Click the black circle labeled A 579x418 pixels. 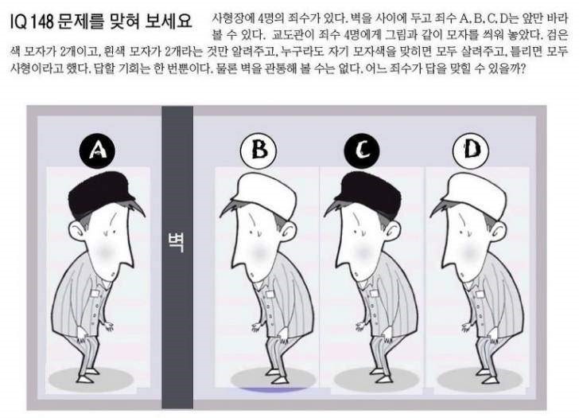[97, 150]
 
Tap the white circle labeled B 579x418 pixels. [258, 150]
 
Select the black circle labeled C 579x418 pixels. [362, 150]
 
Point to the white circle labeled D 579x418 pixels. [471, 150]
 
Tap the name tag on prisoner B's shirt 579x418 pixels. [270, 295]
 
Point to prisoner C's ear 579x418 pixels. [392, 232]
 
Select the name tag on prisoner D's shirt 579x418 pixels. [479, 294]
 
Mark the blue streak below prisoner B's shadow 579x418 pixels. [274, 389]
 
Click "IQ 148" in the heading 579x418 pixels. [33, 22]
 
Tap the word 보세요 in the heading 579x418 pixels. [169, 21]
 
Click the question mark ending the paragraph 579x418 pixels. [522, 69]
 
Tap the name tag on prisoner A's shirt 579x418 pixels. [95, 294]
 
